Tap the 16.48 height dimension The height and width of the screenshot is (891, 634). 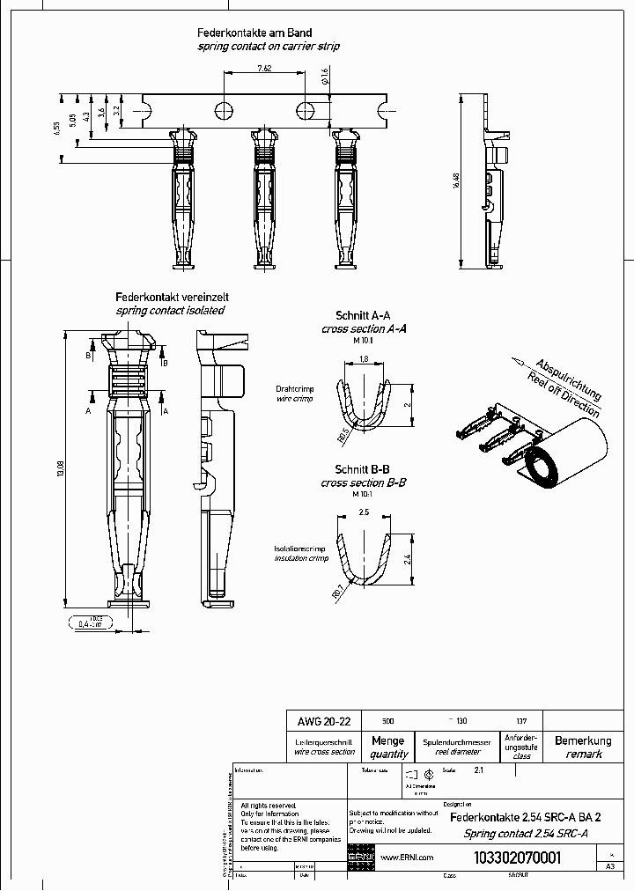point(456,180)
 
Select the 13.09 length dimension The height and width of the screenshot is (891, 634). point(60,471)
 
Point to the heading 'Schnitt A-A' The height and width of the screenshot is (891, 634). point(364,315)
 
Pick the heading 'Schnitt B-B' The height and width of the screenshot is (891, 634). point(364,469)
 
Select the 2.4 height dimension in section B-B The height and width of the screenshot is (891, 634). point(407,558)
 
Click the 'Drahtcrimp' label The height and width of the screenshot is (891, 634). point(294,388)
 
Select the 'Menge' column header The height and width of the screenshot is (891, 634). point(388,741)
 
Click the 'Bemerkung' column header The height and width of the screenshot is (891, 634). point(584,741)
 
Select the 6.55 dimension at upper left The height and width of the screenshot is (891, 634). point(56,128)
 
